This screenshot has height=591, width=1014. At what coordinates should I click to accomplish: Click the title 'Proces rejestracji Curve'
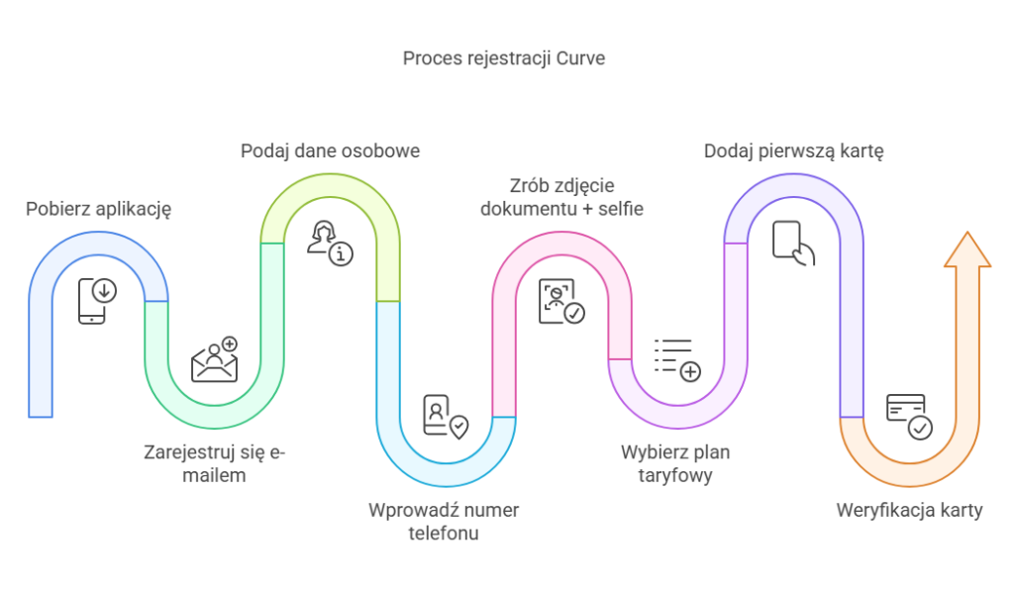pos(503,58)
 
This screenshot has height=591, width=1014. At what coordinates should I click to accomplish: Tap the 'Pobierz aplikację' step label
pos(99,209)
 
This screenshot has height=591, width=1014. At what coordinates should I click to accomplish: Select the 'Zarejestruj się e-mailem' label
pos(214,464)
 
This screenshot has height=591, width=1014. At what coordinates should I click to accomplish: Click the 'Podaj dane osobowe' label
pos(331,151)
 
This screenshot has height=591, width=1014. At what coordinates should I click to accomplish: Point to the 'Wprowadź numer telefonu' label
pos(443,522)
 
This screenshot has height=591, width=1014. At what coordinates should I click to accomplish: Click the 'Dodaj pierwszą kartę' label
pos(793,151)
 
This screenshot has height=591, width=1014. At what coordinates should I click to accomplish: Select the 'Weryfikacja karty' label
pos(909,511)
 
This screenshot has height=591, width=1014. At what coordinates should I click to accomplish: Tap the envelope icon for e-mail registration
pos(215,361)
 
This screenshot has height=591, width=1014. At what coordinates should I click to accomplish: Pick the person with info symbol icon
pos(329,244)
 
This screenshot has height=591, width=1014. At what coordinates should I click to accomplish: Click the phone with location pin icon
pos(444,417)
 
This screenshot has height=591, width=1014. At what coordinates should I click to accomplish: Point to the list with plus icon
pos(677,359)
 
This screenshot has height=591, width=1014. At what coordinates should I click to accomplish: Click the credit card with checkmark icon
pos(909,416)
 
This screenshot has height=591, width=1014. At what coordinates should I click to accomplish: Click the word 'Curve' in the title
pos(579,58)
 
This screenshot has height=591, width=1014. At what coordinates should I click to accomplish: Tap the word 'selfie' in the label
pos(622,208)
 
